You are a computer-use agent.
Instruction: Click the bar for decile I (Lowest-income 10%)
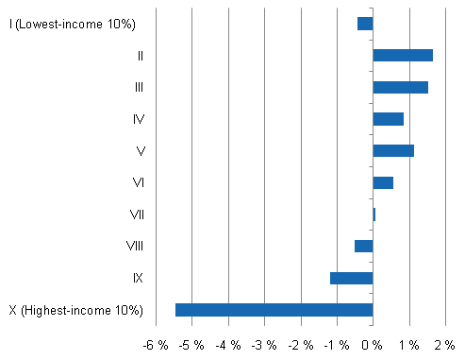click(365, 24)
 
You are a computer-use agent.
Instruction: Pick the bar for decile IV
click(388, 119)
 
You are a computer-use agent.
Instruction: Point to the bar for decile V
click(393, 150)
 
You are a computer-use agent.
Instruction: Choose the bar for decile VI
click(383, 182)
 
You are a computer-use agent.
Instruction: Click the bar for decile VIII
click(363, 246)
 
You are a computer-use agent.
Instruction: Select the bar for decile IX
click(351, 278)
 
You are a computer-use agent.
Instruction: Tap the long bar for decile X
click(274, 310)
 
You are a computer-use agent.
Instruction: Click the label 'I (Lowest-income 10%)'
click(73, 24)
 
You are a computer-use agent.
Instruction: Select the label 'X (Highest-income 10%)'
click(75, 310)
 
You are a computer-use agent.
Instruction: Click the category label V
click(139, 150)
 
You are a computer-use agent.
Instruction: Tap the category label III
click(139, 87)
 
